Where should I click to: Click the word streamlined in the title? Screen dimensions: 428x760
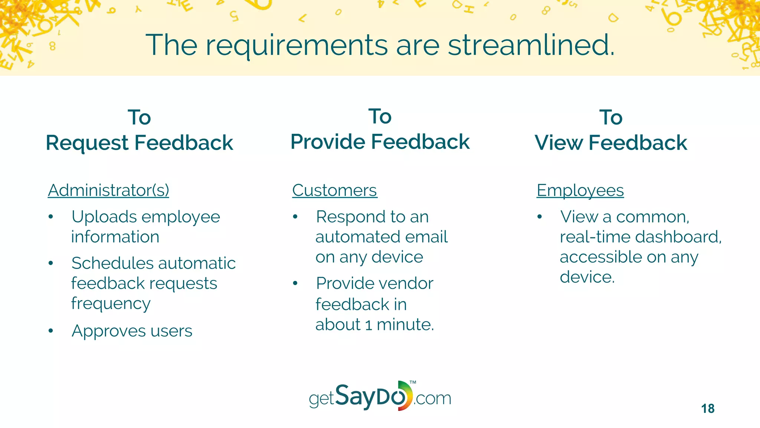click(x=531, y=45)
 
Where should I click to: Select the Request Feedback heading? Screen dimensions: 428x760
click(x=139, y=143)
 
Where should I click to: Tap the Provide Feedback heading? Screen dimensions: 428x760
click(x=380, y=142)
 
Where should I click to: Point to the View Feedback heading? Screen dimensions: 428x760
click(x=611, y=143)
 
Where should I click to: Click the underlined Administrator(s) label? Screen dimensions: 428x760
click(x=108, y=190)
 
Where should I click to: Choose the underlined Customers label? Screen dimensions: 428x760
click(x=334, y=190)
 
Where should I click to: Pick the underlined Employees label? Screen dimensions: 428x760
click(x=580, y=190)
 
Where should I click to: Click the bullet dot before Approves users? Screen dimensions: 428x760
click(x=51, y=331)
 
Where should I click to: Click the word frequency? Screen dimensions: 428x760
click(x=111, y=304)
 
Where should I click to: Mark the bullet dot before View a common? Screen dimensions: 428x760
click(x=540, y=217)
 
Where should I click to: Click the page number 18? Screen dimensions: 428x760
click(x=708, y=409)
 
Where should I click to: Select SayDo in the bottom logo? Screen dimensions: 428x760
click(x=371, y=396)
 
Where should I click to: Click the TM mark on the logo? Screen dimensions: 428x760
click(x=413, y=382)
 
